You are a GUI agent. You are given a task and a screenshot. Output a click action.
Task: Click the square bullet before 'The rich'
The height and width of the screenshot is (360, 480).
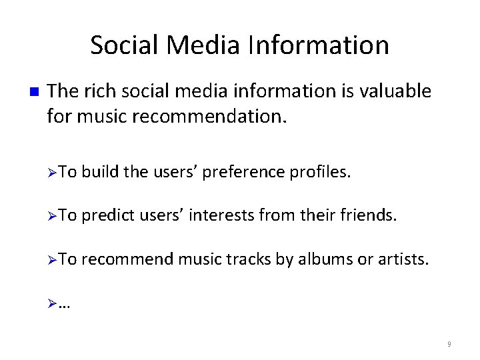35,92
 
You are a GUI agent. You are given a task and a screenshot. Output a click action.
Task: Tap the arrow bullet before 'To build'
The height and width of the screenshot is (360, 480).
53,173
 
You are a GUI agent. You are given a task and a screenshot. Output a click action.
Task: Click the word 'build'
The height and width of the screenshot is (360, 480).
101,173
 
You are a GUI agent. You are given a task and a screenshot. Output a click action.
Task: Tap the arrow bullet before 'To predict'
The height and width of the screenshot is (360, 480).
53,215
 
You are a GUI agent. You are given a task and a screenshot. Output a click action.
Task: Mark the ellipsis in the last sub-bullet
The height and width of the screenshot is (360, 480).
65,303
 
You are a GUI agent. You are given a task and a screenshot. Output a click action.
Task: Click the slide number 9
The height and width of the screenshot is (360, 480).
449,345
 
